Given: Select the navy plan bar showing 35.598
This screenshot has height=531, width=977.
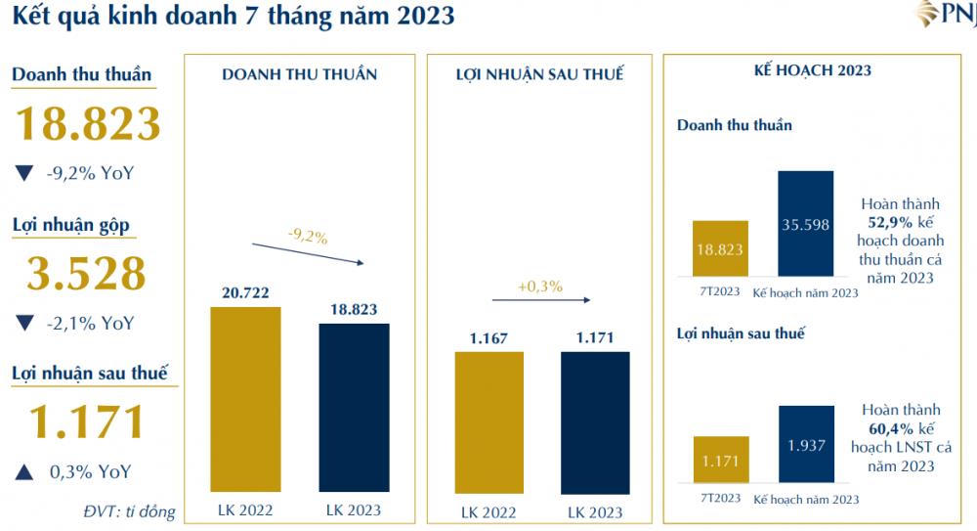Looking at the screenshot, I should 806,224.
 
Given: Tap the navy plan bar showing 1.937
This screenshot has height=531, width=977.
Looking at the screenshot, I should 806,445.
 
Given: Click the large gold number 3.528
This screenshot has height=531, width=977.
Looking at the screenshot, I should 86,275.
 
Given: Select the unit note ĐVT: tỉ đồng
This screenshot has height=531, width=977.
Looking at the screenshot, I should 128,511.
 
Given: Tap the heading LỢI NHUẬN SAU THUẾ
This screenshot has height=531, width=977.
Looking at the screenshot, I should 539,74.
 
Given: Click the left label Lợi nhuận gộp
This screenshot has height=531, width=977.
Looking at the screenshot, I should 71,226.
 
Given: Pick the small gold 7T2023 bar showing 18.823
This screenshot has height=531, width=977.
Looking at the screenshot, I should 720,249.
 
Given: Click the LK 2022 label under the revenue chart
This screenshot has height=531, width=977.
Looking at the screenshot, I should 244,510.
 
